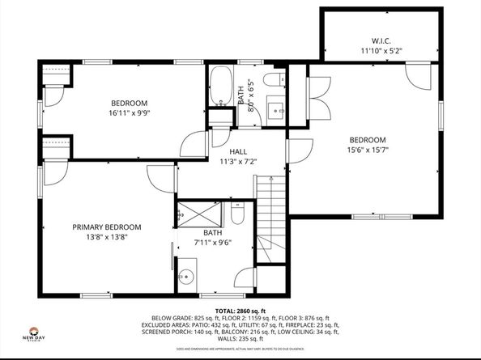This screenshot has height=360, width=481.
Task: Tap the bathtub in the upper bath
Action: pos(220,87)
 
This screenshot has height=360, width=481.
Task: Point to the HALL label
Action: pos(238,151)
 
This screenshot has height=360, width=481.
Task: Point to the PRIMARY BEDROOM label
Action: pos(106,227)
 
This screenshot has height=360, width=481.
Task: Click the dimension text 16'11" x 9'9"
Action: pos(130,113)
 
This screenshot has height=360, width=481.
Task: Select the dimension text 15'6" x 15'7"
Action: pos(368,150)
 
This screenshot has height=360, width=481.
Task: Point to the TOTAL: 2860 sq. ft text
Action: pos(240,311)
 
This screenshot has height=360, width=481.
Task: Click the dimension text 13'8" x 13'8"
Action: pos(106,237)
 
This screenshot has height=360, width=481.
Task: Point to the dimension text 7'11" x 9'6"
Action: pos(211,242)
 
